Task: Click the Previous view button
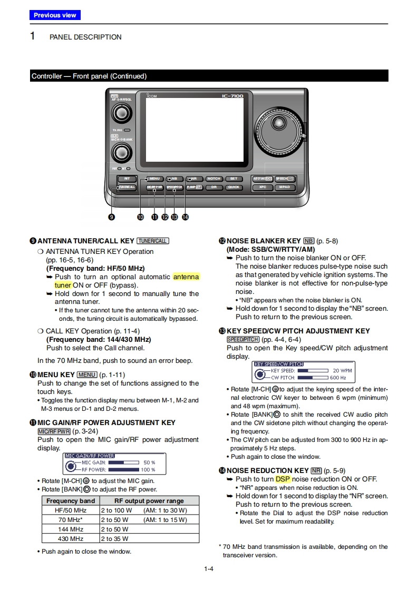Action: click(55, 15)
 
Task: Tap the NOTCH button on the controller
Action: click(213, 179)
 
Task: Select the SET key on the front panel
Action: click(234, 179)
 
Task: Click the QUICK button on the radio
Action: click(234, 187)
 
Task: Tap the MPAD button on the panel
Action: click(285, 187)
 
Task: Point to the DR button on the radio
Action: click(213, 187)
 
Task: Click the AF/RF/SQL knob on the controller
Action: click(122, 113)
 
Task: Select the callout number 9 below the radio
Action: click(111, 216)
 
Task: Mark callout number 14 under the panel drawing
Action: click(185, 216)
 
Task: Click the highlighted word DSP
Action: click(283, 479)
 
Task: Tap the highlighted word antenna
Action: click(186, 277)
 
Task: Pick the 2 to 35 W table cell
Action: click(114, 538)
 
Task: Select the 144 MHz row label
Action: click(71, 529)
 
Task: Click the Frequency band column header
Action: click(71, 500)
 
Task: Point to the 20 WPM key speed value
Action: click(342, 370)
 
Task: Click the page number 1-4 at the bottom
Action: click(209, 568)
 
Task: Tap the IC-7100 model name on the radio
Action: click(232, 95)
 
